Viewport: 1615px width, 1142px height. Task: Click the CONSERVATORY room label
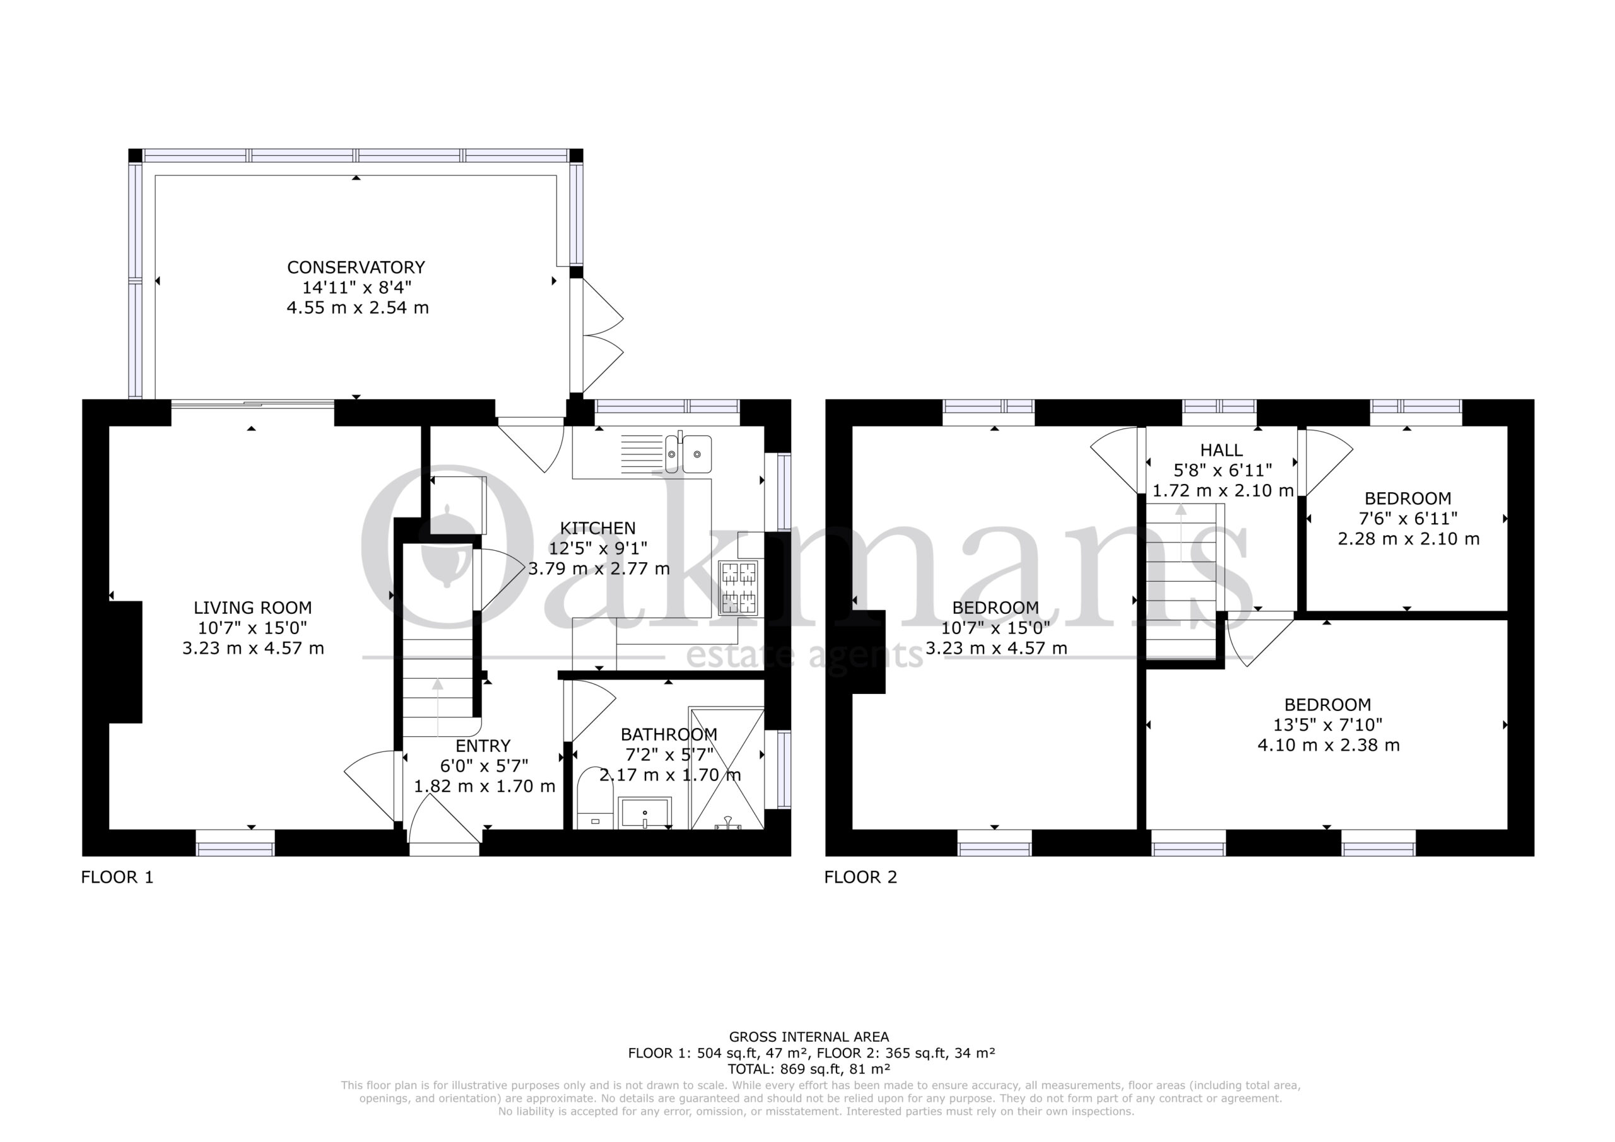(356, 268)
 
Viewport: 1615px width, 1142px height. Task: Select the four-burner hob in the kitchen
(738, 587)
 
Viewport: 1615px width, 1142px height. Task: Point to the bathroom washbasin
(644, 813)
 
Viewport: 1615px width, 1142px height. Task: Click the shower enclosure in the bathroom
(727, 768)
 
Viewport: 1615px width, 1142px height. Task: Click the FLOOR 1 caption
(117, 877)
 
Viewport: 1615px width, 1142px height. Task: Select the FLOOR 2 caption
(861, 877)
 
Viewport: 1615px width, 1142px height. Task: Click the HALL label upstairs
(1222, 450)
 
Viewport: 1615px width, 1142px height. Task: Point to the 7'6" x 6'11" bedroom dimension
(1407, 519)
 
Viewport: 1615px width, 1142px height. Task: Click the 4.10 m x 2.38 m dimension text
(1329, 745)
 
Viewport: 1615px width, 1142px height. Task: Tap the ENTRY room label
(483, 746)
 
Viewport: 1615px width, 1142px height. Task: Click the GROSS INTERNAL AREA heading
(809, 1037)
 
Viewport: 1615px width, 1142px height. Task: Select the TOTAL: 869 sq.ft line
(809, 1069)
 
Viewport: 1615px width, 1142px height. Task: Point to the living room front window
(235, 842)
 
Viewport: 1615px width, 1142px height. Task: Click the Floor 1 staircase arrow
(438, 707)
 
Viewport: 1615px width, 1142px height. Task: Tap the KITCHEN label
(598, 527)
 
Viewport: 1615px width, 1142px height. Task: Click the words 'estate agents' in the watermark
(804, 655)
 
